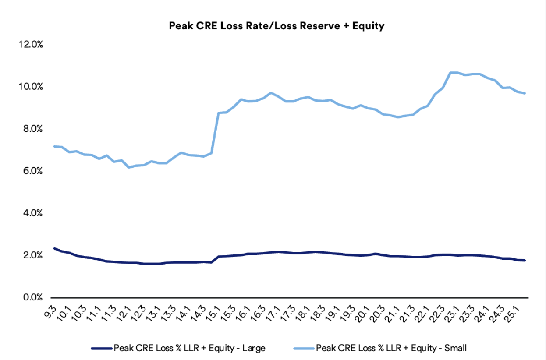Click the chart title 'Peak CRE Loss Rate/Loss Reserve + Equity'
tap(277, 26)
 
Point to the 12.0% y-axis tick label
tap(30, 45)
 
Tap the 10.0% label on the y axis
tap(30, 87)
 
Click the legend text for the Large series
tap(189, 349)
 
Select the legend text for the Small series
tap(391, 349)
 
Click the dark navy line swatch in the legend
tap(102, 349)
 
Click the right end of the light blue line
tap(525, 93)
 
